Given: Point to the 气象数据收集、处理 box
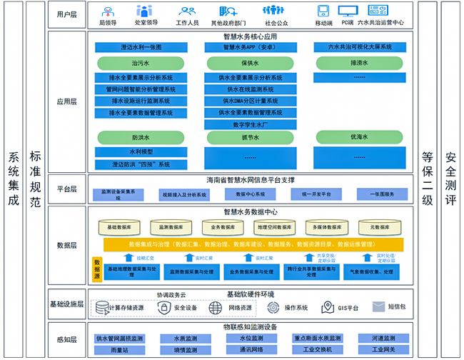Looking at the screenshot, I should (x=368, y=272).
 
